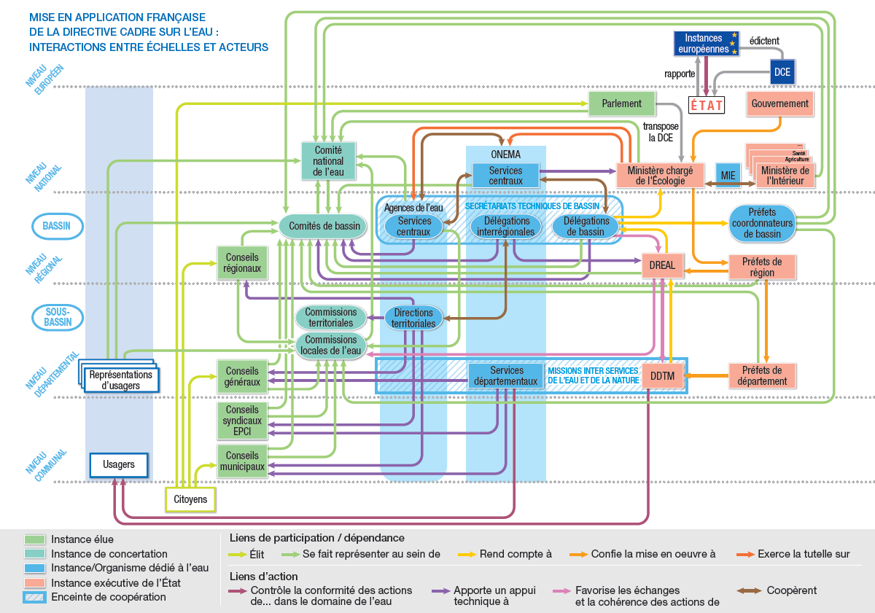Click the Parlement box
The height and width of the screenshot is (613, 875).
point(622,104)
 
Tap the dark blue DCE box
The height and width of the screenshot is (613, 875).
point(782,72)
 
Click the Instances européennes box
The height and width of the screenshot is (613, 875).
point(705,44)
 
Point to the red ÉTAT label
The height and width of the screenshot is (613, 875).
point(707,106)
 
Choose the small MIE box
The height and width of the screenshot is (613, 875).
point(728,176)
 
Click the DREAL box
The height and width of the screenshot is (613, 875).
point(662,266)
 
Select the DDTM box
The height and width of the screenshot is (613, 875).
point(662,375)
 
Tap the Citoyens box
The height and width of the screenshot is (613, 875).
point(190,499)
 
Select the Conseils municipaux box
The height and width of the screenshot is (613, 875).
point(242,461)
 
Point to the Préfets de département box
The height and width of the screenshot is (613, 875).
point(761,375)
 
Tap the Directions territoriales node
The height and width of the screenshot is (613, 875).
point(413,318)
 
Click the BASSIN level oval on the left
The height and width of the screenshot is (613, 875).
point(56,226)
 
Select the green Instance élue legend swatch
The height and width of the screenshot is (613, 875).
point(34,539)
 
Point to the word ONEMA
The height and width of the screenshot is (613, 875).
point(506,155)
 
